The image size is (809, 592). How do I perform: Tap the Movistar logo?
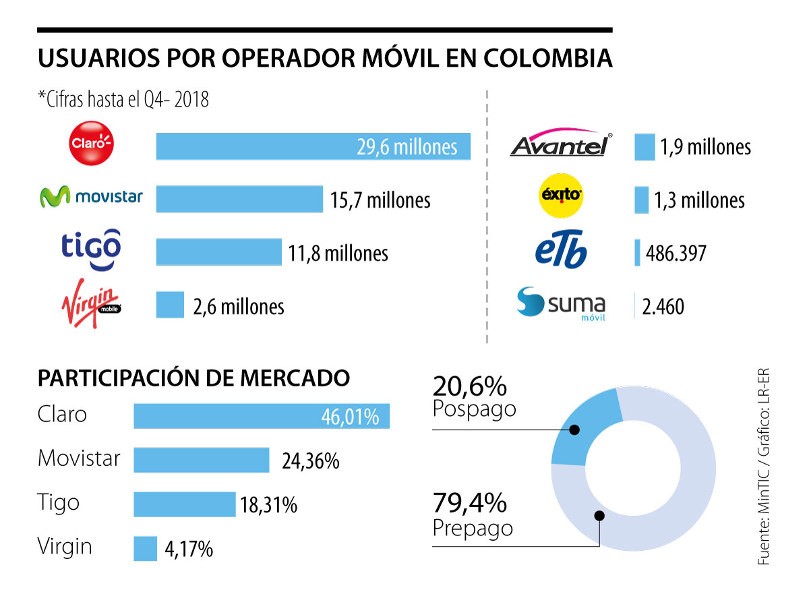tap(91, 197)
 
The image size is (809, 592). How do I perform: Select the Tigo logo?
tap(91, 250)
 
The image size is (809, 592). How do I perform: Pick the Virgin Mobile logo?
tap(91, 303)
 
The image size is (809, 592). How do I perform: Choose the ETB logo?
tap(560, 251)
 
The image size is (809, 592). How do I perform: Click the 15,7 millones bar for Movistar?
tap(239, 199)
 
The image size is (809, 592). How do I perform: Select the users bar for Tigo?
tap(219, 252)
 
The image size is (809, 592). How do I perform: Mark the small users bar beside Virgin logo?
tap(170, 305)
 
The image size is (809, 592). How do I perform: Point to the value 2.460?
tap(663, 307)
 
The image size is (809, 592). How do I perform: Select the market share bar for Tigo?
tap(184, 505)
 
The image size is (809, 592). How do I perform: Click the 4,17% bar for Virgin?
tap(145, 548)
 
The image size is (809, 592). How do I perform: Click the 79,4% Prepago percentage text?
tap(470, 504)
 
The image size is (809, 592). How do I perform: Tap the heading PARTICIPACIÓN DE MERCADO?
tap(193, 378)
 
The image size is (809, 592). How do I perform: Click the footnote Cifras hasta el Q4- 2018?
tap(124, 100)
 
